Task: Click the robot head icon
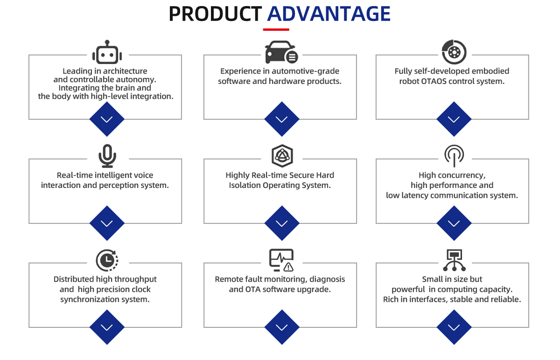[x=107, y=53]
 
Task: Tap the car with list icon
[x=281, y=52]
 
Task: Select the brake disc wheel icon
[x=453, y=51]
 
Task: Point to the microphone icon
[x=107, y=155]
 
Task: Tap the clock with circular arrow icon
[x=107, y=260]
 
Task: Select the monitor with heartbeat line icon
[x=281, y=260]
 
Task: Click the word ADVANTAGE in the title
[x=329, y=14]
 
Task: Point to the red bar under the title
[x=276, y=30]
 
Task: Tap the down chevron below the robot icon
[x=107, y=119]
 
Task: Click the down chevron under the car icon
[x=281, y=119]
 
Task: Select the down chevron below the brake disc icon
[x=453, y=119]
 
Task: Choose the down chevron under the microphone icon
[x=107, y=224]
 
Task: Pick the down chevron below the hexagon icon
[x=281, y=224]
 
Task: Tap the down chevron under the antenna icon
[x=453, y=224]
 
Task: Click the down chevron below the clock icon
[x=107, y=328]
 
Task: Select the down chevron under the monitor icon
[x=281, y=328]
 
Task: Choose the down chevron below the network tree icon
[x=453, y=328]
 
